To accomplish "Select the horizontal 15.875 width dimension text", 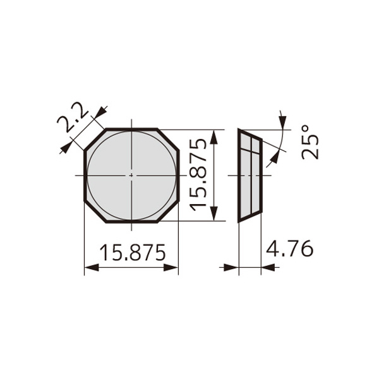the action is (x=133, y=252).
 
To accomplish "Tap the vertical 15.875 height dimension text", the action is (x=198, y=174).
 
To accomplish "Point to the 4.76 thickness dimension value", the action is (x=289, y=248).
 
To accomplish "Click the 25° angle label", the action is (x=310, y=142).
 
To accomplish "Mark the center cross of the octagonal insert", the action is (x=131, y=175).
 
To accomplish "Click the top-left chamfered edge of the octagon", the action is (x=95, y=140).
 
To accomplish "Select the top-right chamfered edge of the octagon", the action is (x=168, y=140).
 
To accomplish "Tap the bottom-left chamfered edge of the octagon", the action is (x=95, y=211).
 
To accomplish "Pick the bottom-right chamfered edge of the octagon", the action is (x=168, y=211).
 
